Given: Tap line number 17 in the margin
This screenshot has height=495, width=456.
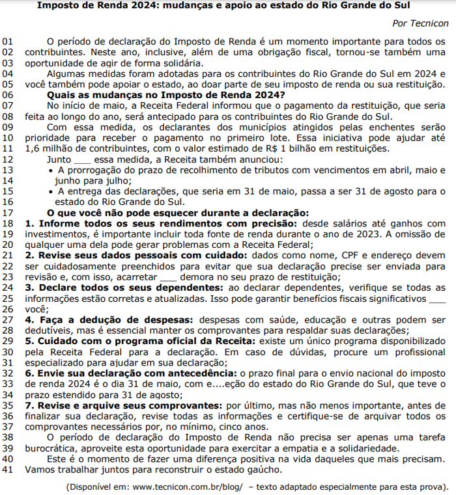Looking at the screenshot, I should [8, 213].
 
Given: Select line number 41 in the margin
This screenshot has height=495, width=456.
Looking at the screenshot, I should [8, 470].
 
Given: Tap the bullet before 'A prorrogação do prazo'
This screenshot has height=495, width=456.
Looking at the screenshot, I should [52, 170].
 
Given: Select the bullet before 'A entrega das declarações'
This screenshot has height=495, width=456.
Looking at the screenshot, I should [52, 192].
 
